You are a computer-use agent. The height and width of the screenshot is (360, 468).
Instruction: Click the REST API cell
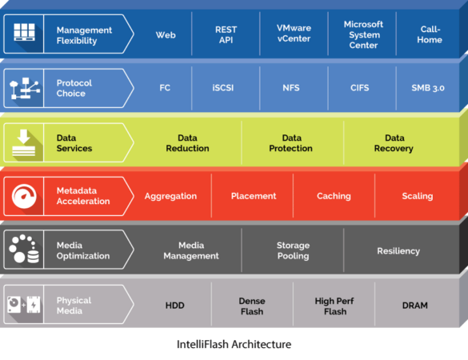[226, 34]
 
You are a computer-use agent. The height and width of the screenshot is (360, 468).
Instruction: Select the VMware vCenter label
[294, 33]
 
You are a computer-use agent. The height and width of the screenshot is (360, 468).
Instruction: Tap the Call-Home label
[430, 34]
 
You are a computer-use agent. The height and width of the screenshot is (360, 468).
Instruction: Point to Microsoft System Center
[363, 34]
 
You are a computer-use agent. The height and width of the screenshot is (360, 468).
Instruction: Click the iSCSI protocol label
[223, 88]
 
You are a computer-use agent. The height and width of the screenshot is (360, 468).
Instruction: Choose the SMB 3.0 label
[428, 88]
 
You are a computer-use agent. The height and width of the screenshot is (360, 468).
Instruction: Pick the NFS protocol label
[291, 88]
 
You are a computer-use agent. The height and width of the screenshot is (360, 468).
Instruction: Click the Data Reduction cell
[187, 143]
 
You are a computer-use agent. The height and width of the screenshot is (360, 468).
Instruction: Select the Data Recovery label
[394, 143]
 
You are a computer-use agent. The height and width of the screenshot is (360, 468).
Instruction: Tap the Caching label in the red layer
[334, 196]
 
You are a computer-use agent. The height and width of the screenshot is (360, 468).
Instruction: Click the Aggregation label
[170, 196]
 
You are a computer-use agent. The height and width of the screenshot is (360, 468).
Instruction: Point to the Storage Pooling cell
[293, 250]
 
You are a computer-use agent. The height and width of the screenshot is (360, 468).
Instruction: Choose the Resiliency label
[398, 250]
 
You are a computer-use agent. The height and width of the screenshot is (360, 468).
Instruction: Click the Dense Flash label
[252, 306]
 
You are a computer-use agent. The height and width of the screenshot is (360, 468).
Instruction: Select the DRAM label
[415, 306]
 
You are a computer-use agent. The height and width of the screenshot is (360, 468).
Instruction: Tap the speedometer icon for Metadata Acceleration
[24, 196]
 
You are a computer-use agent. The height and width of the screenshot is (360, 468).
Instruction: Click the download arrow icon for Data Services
[23, 142]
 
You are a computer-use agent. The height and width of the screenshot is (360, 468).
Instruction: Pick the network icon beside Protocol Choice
[25, 88]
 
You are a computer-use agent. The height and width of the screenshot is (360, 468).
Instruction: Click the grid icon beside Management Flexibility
[25, 32]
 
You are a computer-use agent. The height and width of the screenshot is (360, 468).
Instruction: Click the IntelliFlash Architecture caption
[234, 344]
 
